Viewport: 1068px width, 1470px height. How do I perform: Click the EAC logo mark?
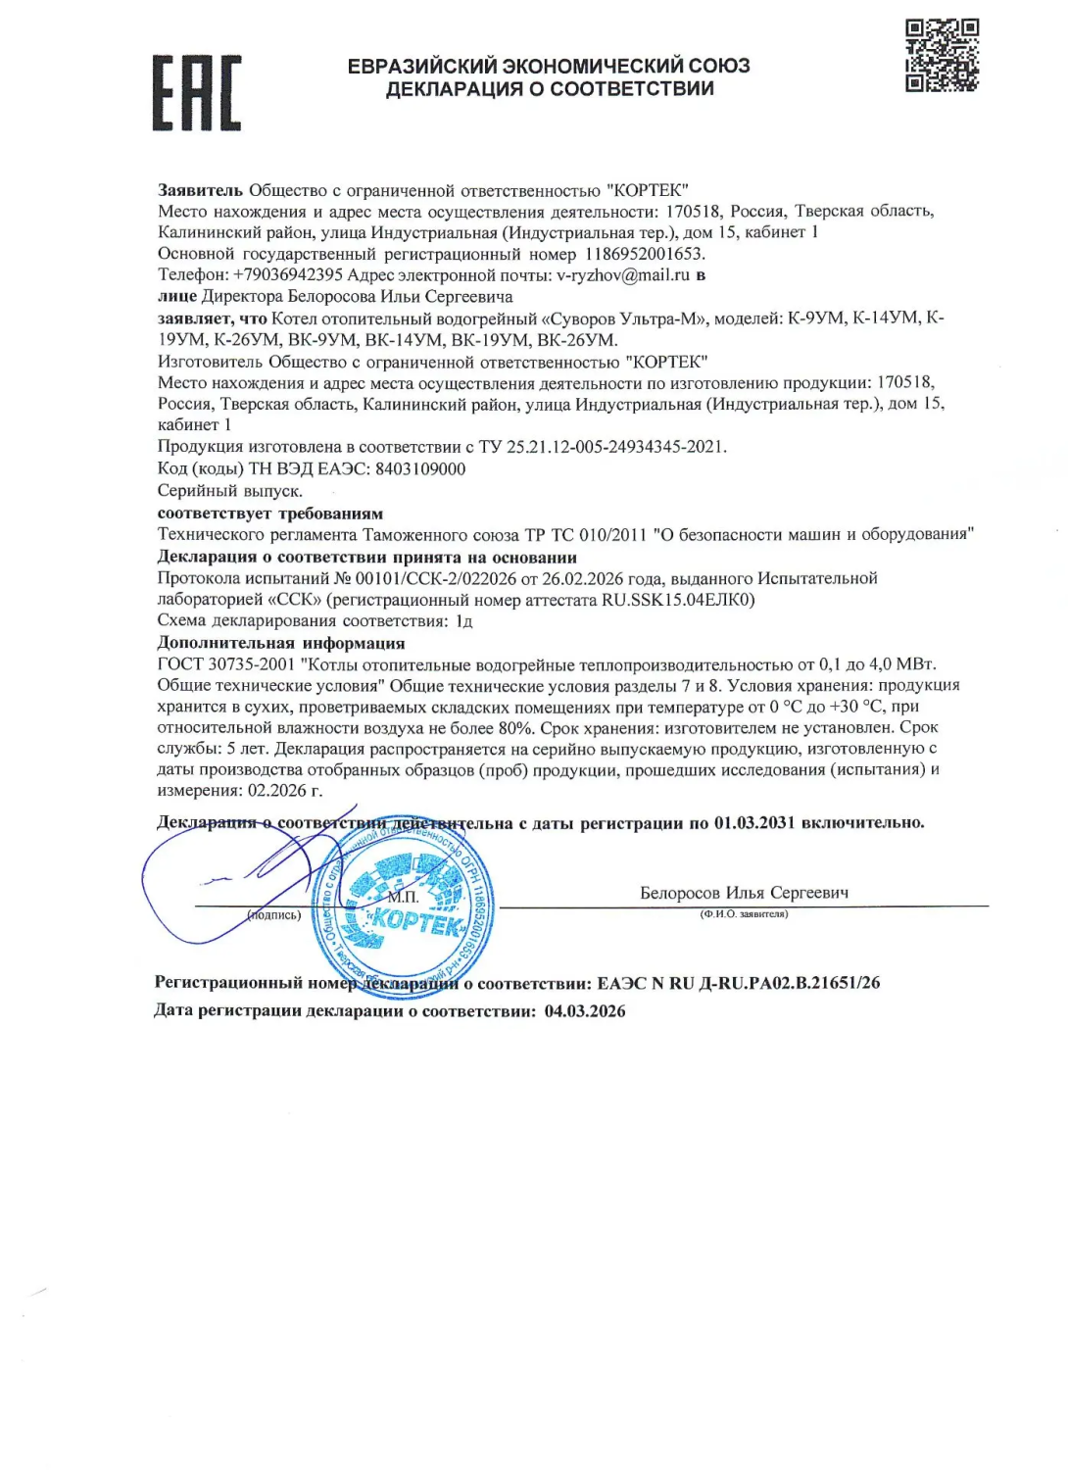pos(196,93)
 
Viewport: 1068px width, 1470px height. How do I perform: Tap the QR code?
pos(941,55)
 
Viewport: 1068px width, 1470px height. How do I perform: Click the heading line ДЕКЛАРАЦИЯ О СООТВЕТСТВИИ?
pos(549,89)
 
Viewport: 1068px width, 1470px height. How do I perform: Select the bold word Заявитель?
pos(200,190)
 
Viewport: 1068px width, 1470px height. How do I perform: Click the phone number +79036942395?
pos(287,275)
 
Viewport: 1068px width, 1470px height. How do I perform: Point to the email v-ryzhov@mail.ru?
pos(623,275)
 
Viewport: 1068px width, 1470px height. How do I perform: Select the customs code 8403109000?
pos(420,468)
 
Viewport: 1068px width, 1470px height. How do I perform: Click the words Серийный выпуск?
pos(229,491)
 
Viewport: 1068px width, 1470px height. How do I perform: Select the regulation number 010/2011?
pos(612,534)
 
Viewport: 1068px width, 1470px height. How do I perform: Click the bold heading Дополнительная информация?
pos(280,643)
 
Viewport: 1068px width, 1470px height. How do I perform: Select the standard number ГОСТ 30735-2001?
pos(226,664)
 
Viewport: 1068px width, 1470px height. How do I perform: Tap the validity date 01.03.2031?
pos(754,822)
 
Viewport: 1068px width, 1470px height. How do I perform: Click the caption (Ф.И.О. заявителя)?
pos(744,914)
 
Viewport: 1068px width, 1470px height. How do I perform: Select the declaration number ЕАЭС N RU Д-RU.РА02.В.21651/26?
pos(739,983)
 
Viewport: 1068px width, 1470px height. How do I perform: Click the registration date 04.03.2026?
pos(585,1011)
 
